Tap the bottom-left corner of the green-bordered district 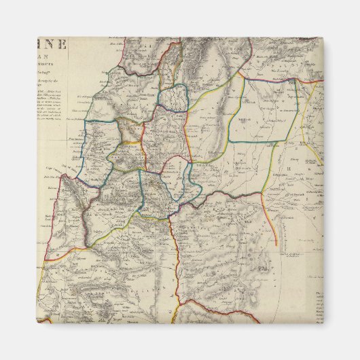[228, 141]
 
